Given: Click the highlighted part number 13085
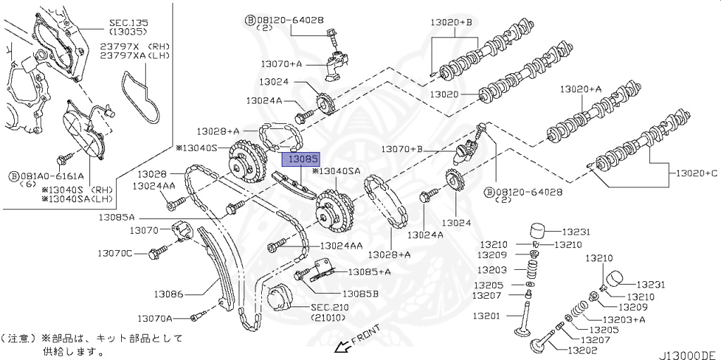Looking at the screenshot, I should coord(301,160).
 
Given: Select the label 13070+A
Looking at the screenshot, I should coord(281,63).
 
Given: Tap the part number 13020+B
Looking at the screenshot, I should coord(452,23).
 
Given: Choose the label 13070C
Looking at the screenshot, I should coord(115,252).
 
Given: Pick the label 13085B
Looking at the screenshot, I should coord(360,293).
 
